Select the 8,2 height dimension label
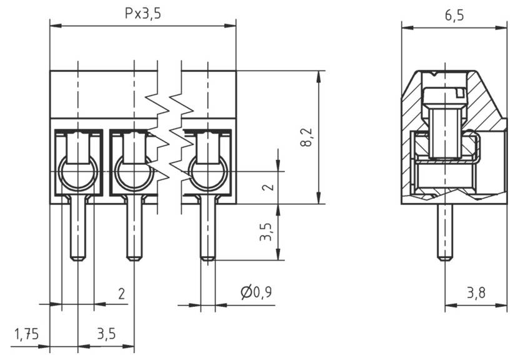(x=306, y=137)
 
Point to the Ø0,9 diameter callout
(x=256, y=292)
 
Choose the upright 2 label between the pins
(x=121, y=292)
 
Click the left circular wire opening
(x=78, y=172)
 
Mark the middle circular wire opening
(x=134, y=172)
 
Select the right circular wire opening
(x=208, y=172)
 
